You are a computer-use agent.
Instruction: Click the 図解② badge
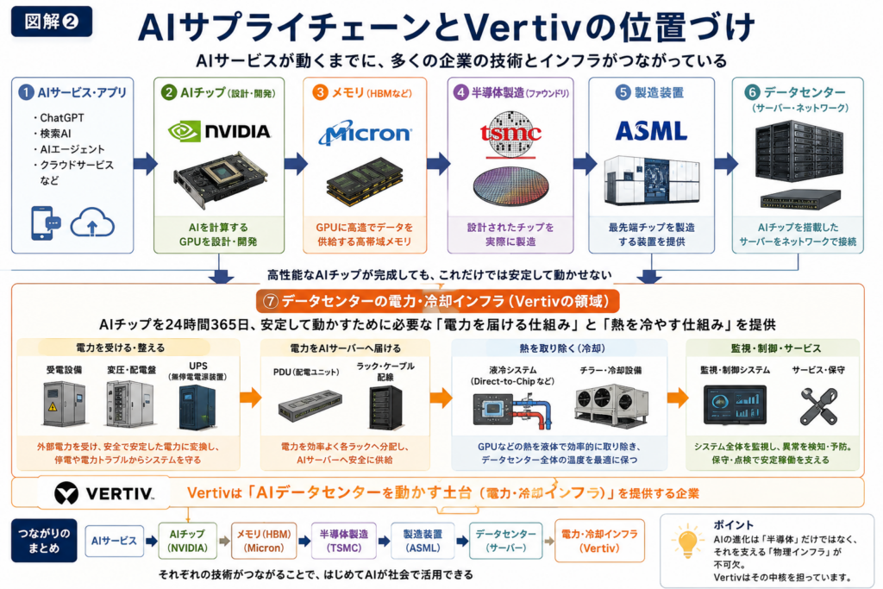51,22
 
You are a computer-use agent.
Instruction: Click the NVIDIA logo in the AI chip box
219,132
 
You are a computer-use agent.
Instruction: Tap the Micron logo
365,133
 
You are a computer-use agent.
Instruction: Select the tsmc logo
510,133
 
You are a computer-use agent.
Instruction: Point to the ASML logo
652,131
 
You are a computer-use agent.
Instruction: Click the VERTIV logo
104,493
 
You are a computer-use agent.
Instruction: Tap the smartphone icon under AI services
45,223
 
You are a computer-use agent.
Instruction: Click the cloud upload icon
92,223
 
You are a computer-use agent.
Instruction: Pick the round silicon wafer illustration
510,185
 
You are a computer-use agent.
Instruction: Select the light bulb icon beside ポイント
687,542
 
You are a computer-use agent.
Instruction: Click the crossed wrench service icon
818,406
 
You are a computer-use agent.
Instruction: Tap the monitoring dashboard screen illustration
735,404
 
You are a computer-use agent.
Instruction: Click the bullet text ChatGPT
62,117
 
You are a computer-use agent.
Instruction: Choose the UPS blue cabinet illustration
197,408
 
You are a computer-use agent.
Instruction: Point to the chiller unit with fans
611,404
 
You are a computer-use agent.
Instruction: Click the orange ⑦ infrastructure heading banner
437,301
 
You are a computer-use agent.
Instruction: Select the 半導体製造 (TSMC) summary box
344,541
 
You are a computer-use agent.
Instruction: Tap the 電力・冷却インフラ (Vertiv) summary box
599,541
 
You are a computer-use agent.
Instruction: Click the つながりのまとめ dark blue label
44,541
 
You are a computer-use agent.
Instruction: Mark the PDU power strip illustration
310,406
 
